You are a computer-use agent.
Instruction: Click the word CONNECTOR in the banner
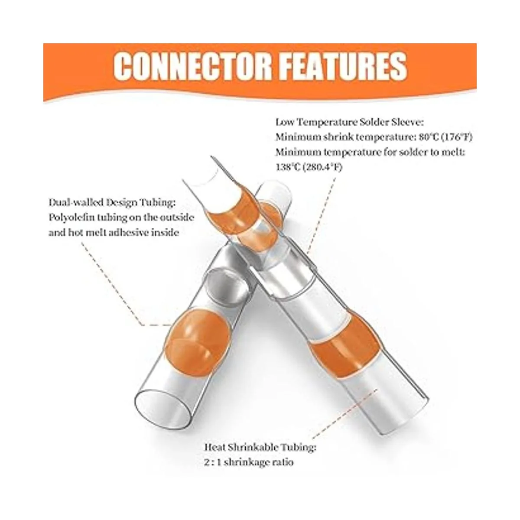coord(192,66)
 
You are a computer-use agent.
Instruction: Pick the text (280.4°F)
coord(322,168)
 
